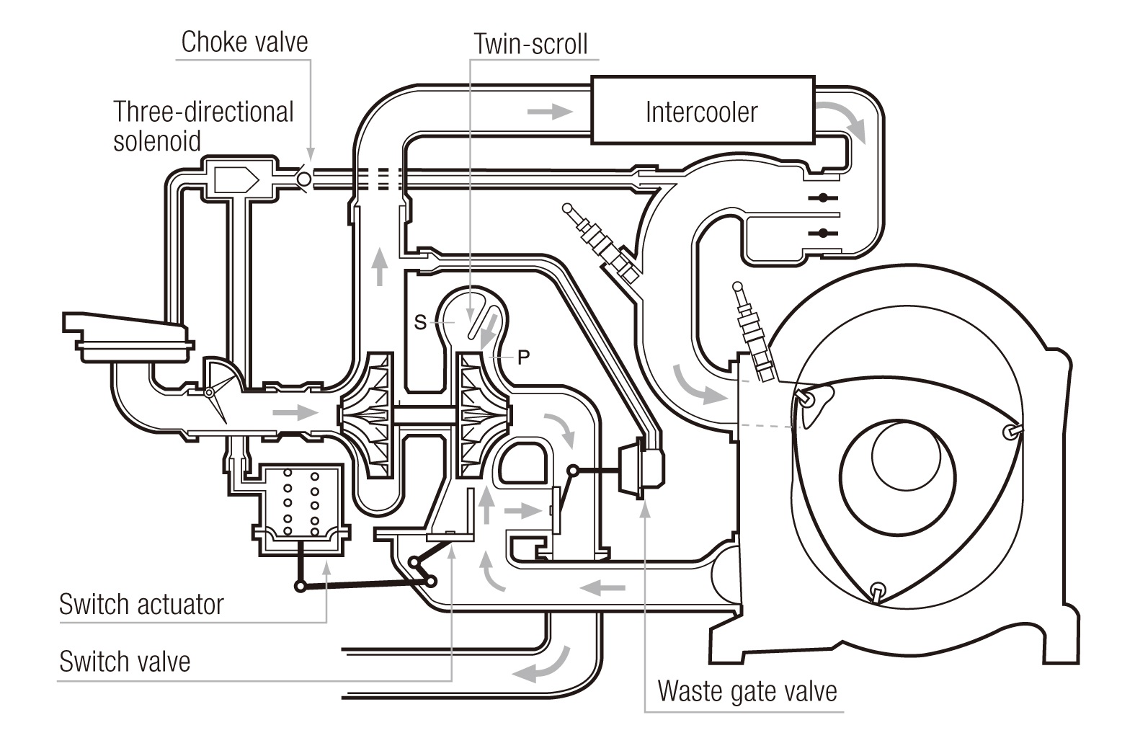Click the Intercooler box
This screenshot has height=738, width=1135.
tap(702, 111)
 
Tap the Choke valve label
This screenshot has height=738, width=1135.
tap(244, 42)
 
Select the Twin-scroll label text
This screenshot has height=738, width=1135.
tap(531, 44)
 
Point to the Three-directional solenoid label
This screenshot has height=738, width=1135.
tap(204, 125)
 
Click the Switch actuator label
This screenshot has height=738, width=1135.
tap(141, 604)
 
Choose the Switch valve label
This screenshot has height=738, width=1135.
tap(125, 661)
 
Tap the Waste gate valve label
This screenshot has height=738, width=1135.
tap(747, 690)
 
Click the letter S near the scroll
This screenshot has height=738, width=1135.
tap(420, 322)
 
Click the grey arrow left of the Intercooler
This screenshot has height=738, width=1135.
tap(550, 111)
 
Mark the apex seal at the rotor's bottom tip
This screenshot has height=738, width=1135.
tap(877, 591)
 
